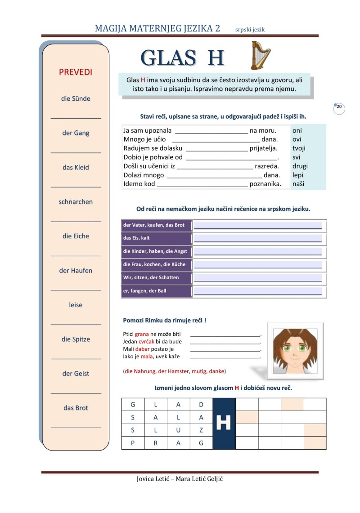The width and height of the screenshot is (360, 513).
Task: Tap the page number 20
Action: [339, 107]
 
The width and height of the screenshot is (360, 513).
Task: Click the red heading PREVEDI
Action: [76, 72]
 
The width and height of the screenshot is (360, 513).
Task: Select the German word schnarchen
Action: [76, 202]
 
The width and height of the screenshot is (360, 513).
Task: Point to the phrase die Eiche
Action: [76, 236]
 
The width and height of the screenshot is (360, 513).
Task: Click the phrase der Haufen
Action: [76, 271]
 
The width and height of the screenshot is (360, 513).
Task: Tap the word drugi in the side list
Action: [300, 166]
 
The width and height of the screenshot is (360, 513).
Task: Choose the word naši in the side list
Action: [298, 183]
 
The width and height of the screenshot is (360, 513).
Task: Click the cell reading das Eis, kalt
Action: [136, 238]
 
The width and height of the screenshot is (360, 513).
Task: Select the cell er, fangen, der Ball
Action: [144, 291]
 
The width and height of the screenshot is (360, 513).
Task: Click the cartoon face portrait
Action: [295, 350]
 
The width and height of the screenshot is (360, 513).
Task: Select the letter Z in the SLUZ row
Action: [201, 430]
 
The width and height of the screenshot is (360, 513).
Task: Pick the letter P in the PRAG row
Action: [133, 443]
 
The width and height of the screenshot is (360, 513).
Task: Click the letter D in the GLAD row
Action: [201, 404]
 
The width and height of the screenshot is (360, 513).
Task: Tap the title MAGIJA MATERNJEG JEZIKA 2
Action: [157, 28]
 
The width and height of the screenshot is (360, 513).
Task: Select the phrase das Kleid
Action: [76, 167]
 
